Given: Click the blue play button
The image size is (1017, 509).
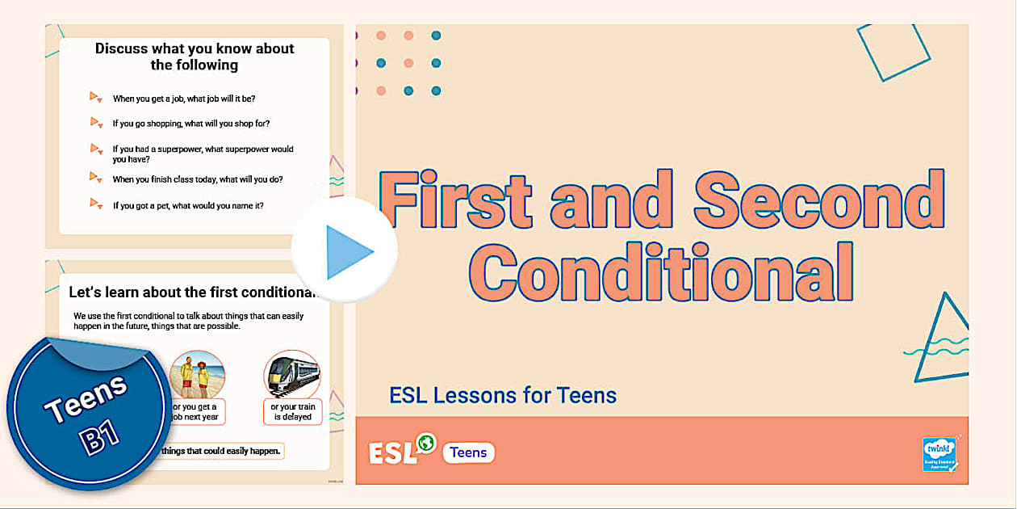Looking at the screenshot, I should (345, 251).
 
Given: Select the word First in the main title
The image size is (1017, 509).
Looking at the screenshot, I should (456, 200).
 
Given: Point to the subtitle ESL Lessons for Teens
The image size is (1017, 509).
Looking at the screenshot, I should (503, 395).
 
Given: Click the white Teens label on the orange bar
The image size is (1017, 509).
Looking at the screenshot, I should (468, 452).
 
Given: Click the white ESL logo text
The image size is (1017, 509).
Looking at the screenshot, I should (392, 453).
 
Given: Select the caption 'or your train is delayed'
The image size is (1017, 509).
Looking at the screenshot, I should (292, 412).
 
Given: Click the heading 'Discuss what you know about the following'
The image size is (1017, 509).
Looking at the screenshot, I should (195, 57).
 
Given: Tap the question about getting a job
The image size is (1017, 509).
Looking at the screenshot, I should (184, 99).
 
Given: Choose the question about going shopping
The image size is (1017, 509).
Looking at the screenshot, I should (190, 124).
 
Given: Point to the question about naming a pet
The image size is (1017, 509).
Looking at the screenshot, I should (188, 205).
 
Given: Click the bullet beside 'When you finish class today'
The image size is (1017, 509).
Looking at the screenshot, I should (95, 178).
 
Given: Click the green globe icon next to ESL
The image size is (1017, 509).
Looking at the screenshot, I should (425, 442).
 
